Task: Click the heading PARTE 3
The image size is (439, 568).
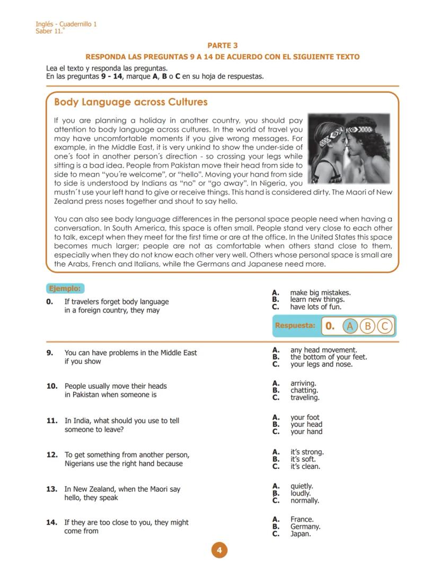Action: pyautogui.click(x=222, y=46)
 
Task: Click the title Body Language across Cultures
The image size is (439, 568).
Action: pyautogui.click(x=130, y=102)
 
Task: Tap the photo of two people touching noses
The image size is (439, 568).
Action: pyautogui.click(x=348, y=147)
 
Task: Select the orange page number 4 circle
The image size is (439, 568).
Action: pyautogui.click(x=219, y=550)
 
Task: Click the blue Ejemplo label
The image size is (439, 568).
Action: pyautogui.click(x=65, y=289)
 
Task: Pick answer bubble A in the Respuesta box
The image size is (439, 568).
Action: pyautogui.click(x=349, y=326)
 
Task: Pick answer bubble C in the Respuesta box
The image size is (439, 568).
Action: pyautogui.click(x=385, y=326)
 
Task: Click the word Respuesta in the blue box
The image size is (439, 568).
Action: pyautogui.click(x=295, y=326)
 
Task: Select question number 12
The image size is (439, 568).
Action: pyautogui.click(x=51, y=455)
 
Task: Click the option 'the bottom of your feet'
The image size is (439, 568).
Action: pyautogui.click(x=328, y=357)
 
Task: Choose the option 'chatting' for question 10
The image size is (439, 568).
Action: pyautogui.click(x=304, y=390)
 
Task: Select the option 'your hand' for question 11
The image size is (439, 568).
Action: pyautogui.click(x=306, y=432)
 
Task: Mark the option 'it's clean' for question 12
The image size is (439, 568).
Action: pyautogui.click(x=305, y=467)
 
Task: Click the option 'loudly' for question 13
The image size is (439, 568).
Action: pyautogui.click(x=300, y=493)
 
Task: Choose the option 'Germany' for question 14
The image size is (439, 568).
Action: pyautogui.click(x=305, y=527)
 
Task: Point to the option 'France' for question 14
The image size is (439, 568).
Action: pyautogui.click(x=302, y=519)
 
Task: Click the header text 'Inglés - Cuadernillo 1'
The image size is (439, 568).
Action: pyautogui.click(x=66, y=24)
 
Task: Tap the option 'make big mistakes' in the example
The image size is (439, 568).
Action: pyautogui.click(x=320, y=293)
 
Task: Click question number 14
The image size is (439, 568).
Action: pyautogui.click(x=51, y=522)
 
